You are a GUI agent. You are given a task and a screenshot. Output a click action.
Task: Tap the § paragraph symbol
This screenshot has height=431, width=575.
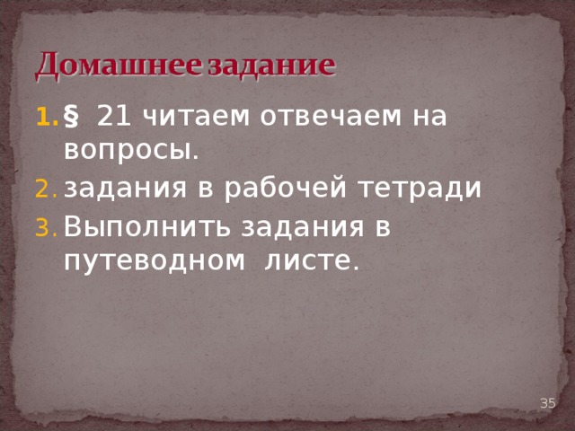point(72,117)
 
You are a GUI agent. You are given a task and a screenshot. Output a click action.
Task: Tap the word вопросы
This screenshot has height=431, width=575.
point(131,152)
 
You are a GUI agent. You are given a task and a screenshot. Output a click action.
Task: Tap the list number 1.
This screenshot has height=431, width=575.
point(44,117)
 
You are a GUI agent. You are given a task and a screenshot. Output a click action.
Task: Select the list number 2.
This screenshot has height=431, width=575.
point(45,189)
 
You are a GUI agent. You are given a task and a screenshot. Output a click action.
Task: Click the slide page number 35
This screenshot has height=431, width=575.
point(547,403)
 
